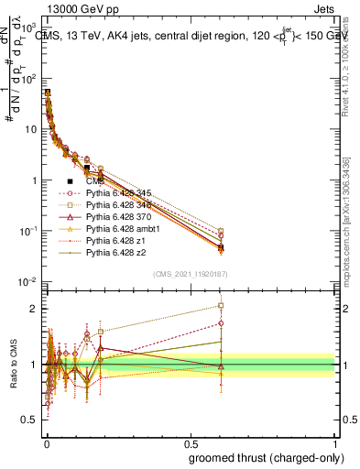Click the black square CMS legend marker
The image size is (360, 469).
coord(71,180)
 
